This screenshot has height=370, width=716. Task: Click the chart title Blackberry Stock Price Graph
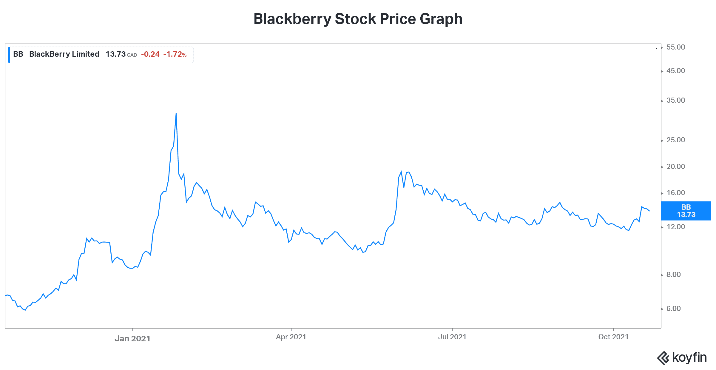pos(358,19)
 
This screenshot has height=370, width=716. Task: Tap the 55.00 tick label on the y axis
pos(675,47)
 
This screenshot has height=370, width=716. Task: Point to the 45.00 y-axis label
pos(675,71)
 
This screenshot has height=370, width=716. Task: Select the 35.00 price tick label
pos(675,100)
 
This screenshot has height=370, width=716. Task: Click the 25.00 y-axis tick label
pos(675,140)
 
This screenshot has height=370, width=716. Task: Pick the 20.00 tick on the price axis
pos(675,166)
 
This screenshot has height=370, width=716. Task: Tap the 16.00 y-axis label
pos(675,193)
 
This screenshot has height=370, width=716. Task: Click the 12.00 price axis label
pos(675,227)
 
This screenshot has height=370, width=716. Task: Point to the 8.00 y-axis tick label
pos(673,275)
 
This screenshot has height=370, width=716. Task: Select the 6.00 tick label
pos(673,309)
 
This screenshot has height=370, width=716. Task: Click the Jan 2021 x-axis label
pos(132,338)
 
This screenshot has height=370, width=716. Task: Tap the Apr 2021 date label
pos(291,337)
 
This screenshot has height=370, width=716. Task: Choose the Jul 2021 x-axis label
pos(452,337)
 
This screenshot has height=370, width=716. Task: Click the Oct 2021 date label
pos(613,337)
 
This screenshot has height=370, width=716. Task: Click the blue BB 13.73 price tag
pos(686,211)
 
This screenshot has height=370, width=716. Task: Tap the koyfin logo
pos(682,357)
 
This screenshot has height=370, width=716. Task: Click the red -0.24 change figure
pos(150,54)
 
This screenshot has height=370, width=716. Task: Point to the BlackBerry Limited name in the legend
pos(64,54)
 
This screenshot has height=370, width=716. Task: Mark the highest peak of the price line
pos(176,113)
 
